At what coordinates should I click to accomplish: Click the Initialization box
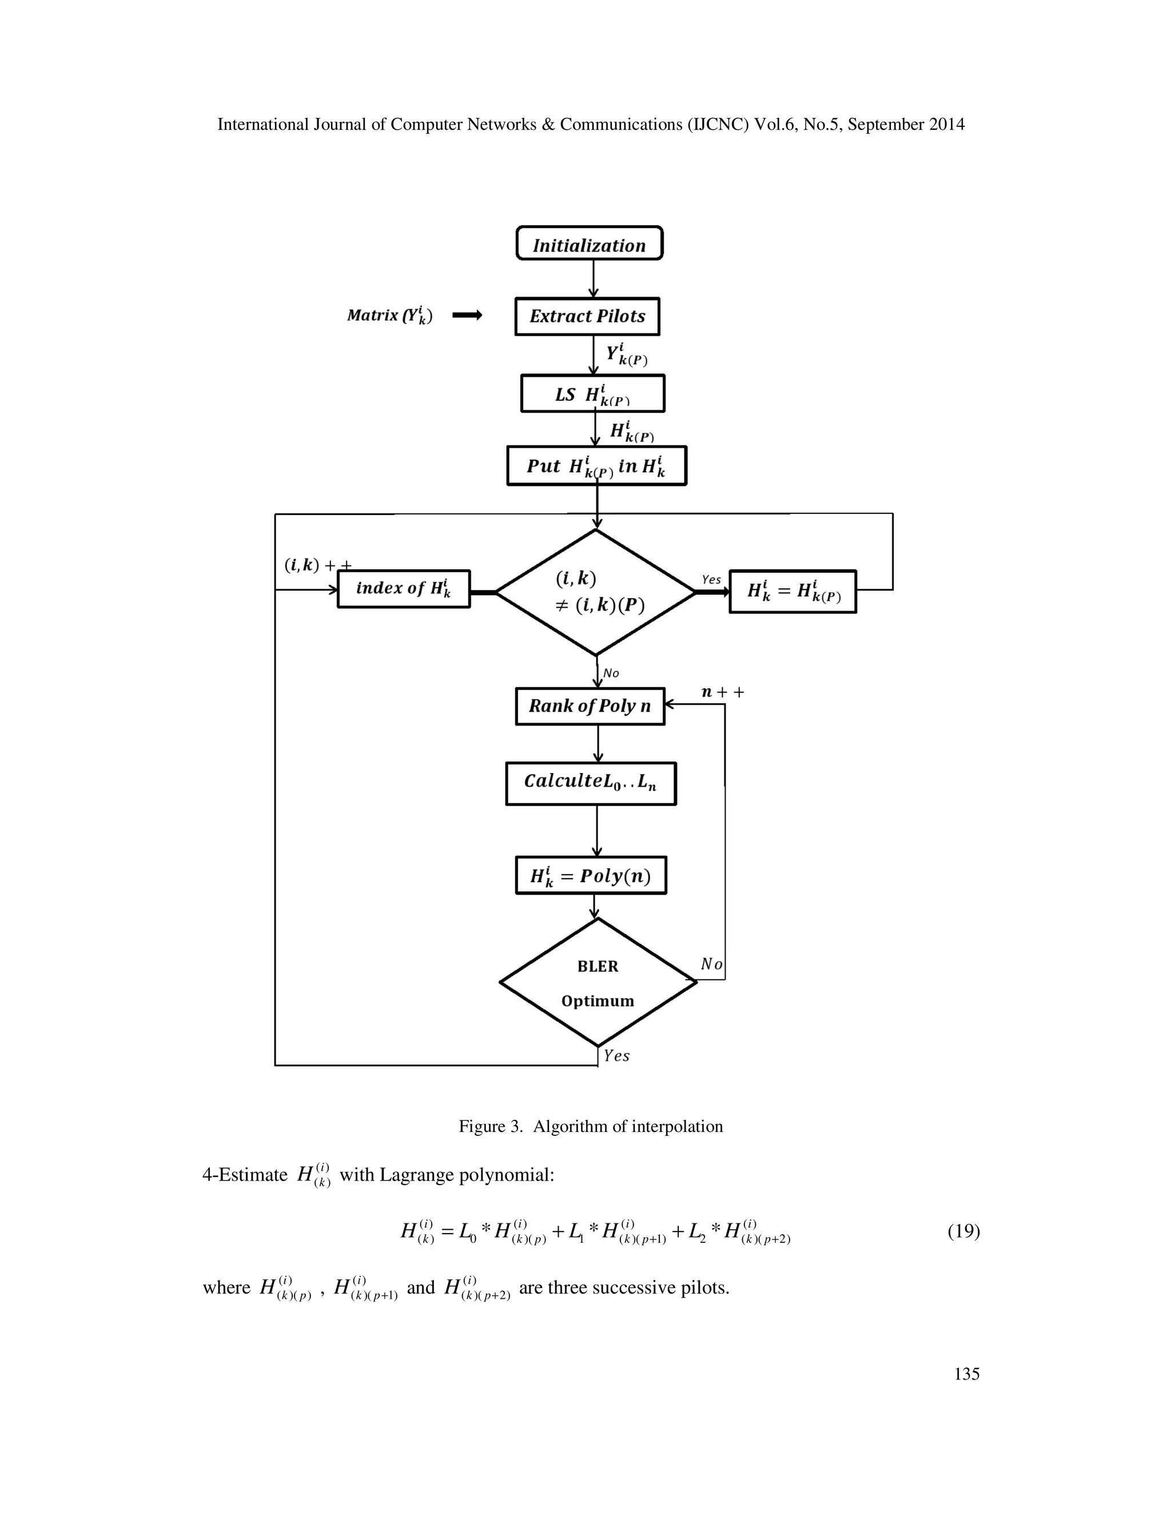click(x=589, y=244)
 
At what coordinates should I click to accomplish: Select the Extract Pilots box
click(x=587, y=316)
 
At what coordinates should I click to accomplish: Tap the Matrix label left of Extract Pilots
click(x=389, y=316)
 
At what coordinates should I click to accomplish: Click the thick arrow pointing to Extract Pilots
click(x=467, y=316)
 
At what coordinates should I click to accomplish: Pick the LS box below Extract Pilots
click(x=592, y=394)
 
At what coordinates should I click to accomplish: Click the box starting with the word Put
click(x=596, y=465)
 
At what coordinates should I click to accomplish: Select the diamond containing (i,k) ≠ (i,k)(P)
click(x=596, y=592)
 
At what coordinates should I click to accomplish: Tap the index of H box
click(x=403, y=589)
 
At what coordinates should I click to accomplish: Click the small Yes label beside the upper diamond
click(x=711, y=579)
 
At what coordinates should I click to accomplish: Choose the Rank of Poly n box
click(x=590, y=706)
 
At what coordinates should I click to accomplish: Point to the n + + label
click(x=722, y=692)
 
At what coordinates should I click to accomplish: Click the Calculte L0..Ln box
click(x=590, y=783)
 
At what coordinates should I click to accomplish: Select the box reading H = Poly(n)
click(x=590, y=875)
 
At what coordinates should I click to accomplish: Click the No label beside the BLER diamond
click(x=711, y=964)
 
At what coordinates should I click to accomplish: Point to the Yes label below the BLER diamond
click(x=616, y=1056)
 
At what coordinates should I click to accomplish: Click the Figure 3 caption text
click(x=590, y=1126)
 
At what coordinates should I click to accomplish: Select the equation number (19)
click(x=963, y=1231)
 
